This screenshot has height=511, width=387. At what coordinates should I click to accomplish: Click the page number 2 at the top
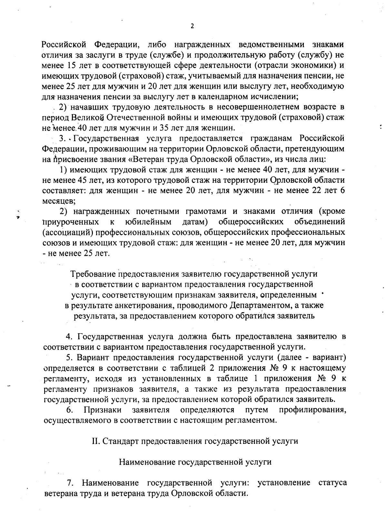[x=192, y=26]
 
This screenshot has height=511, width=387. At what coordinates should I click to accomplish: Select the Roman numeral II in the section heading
[x=96, y=441]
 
